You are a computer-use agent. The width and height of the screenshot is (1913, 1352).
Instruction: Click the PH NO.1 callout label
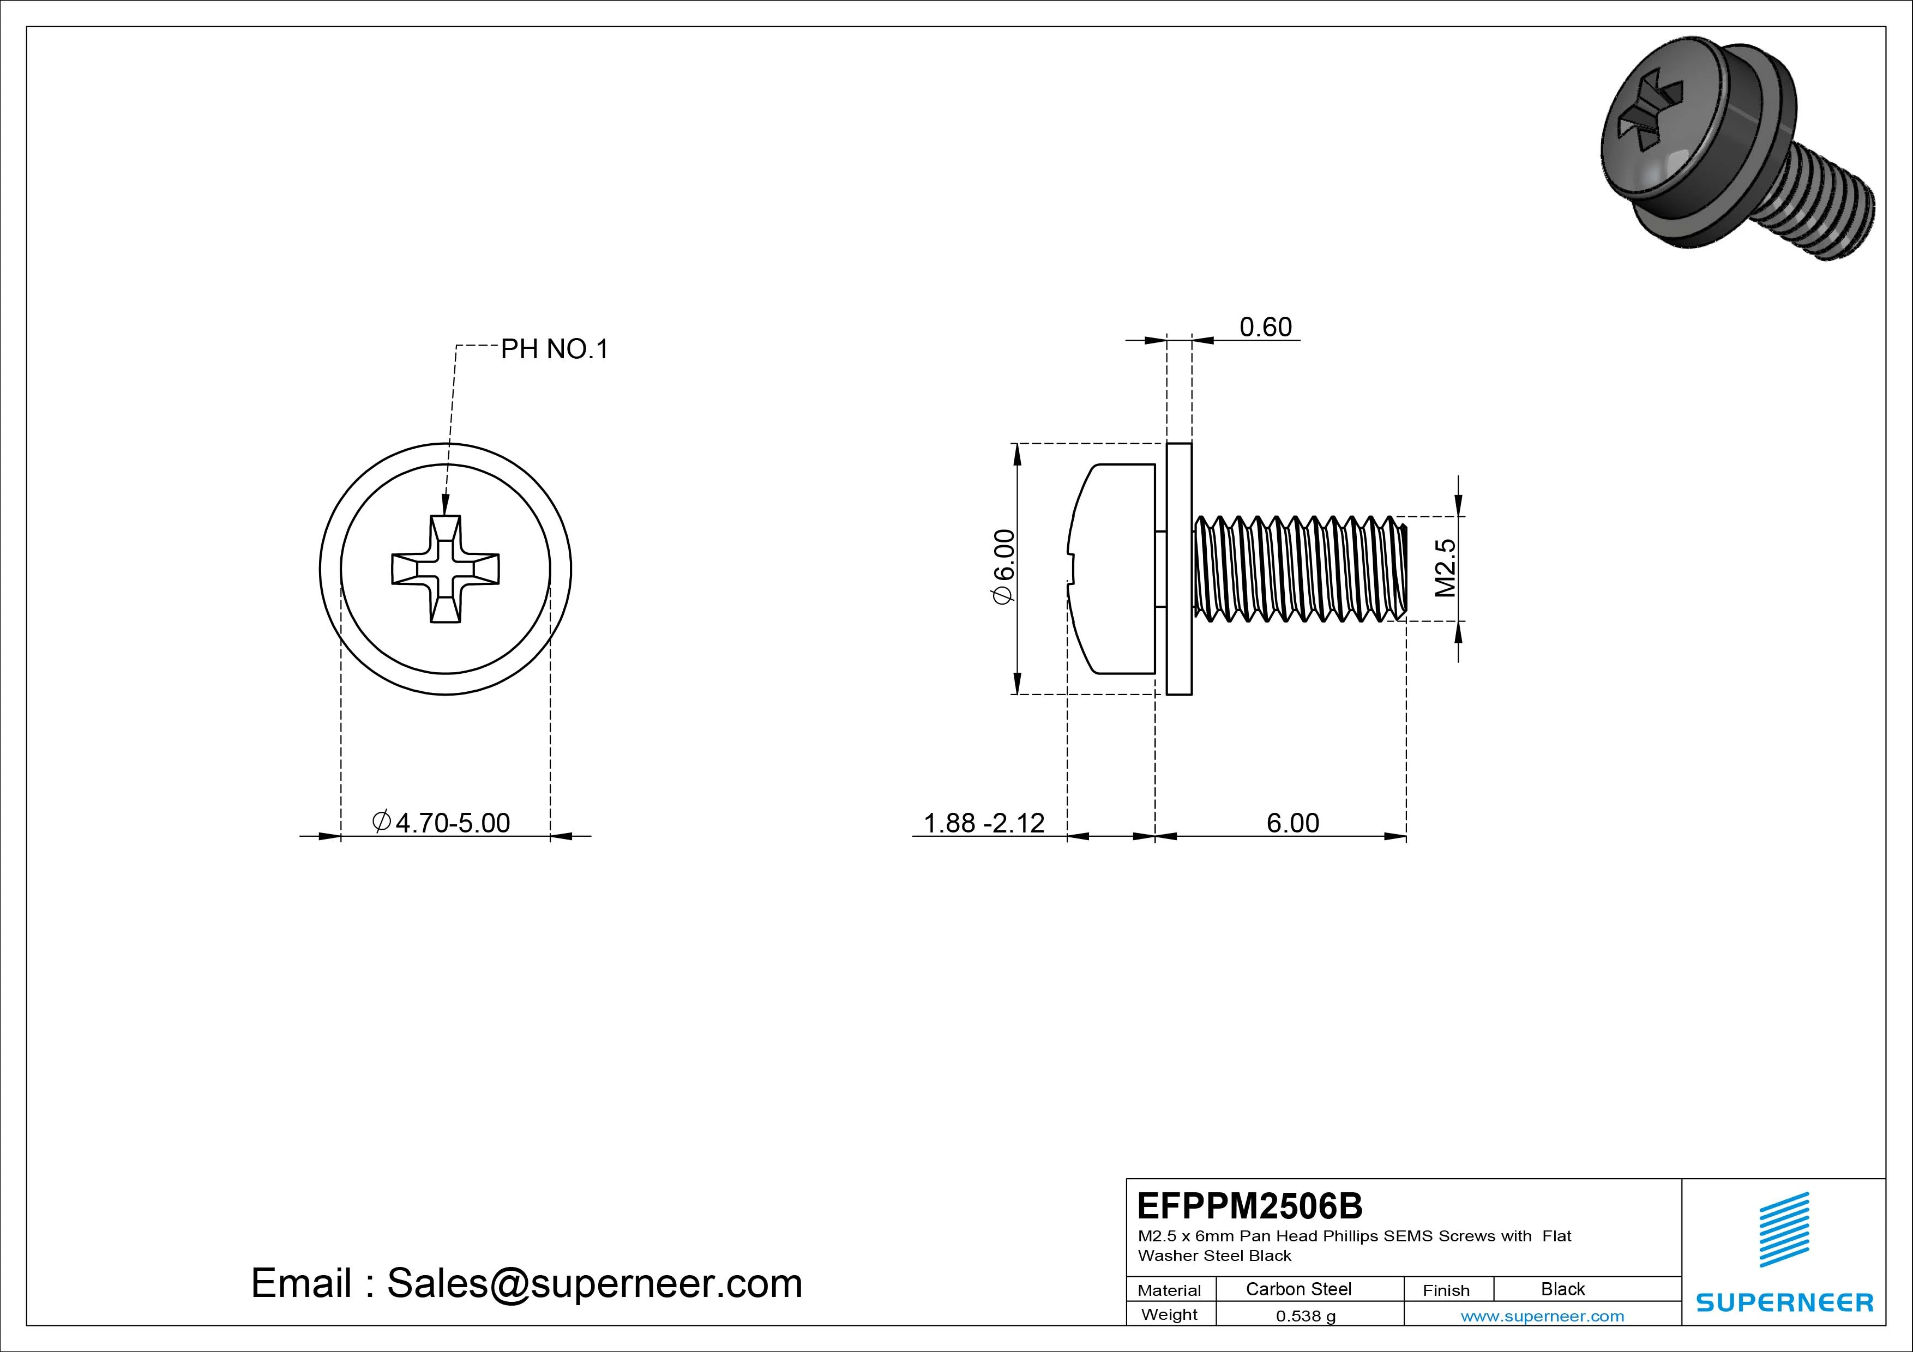coord(554,349)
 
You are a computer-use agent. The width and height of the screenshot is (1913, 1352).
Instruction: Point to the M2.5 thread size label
coord(1446,568)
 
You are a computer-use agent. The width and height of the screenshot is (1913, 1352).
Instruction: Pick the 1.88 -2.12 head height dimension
coord(983,823)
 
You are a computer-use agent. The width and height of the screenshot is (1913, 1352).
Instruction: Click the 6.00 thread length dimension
coord(1292,823)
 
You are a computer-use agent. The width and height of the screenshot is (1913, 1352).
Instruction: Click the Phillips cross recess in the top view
coord(446,569)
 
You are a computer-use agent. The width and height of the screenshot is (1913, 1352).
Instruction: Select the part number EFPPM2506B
coord(1250,1205)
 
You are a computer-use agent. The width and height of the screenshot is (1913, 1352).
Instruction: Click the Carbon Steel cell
coord(1298,1289)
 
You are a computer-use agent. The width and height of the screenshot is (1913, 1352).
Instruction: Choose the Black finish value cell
coord(1562,1289)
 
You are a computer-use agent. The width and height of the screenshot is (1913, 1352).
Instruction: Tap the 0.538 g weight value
coord(1306,1316)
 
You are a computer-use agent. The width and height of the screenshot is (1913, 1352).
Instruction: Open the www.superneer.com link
coord(1542,1316)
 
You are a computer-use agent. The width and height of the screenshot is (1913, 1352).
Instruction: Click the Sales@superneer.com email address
coord(594,1283)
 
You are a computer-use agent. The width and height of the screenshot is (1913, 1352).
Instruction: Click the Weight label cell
coord(1169,1314)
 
